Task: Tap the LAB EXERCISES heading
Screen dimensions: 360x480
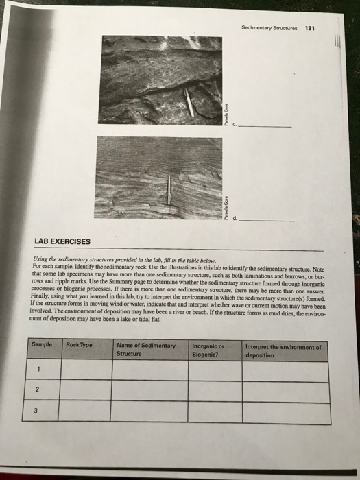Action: coord(60,241)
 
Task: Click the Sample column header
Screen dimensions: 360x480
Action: coord(44,346)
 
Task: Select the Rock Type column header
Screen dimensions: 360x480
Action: coord(80,346)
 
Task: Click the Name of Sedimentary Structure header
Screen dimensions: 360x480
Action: coord(147,350)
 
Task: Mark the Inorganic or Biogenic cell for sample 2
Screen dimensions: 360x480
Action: coord(215,391)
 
